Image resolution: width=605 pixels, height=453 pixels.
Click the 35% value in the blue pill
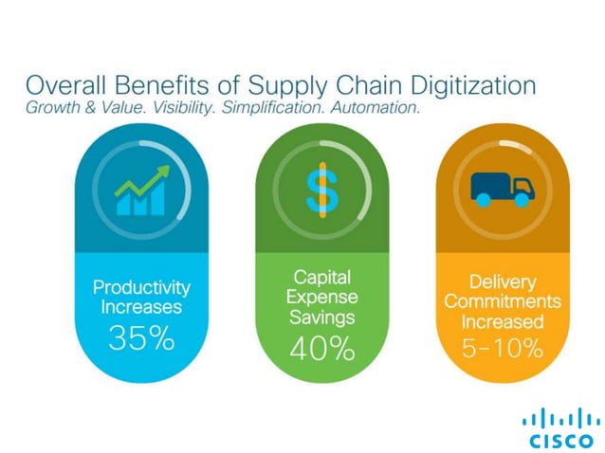click(x=141, y=337)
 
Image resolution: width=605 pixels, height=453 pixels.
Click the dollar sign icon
click(x=321, y=188)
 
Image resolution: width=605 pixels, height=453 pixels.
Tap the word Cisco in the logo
click(x=559, y=440)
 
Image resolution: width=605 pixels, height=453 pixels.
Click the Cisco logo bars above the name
click(x=559, y=418)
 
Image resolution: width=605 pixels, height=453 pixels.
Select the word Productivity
click(x=141, y=286)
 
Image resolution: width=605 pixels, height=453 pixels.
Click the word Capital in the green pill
click(x=321, y=276)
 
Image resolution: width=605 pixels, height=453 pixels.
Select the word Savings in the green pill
click(x=321, y=317)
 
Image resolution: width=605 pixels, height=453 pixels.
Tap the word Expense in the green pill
click(x=321, y=297)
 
